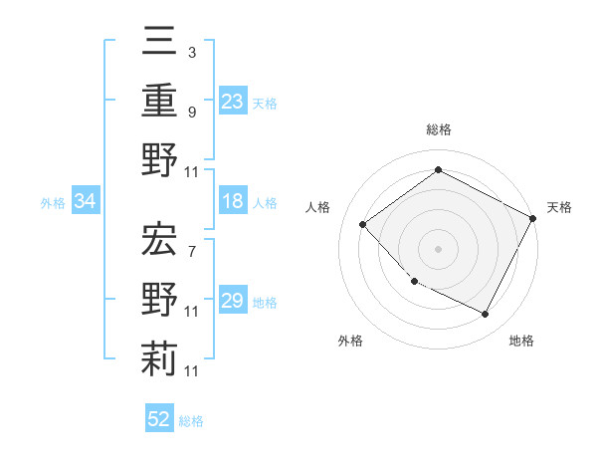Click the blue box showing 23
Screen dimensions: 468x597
pyautogui.click(x=232, y=102)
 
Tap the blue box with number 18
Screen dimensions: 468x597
pyautogui.click(x=232, y=202)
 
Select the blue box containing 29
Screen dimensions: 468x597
pyautogui.click(x=232, y=302)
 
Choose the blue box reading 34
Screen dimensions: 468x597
pyautogui.click(x=86, y=202)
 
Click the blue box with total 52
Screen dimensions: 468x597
pyautogui.click(x=159, y=420)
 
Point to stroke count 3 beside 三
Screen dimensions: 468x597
pyautogui.click(x=191, y=51)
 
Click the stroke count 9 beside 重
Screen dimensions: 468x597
pyautogui.click(x=191, y=112)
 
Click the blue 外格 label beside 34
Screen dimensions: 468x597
pyautogui.click(x=53, y=203)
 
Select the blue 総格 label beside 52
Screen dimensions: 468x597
pyautogui.click(x=191, y=421)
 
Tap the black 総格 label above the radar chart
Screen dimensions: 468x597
pyautogui.click(x=438, y=129)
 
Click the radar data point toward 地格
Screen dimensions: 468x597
pyautogui.click(x=486, y=315)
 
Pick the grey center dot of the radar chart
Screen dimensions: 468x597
pyautogui.click(x=438, y=249)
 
